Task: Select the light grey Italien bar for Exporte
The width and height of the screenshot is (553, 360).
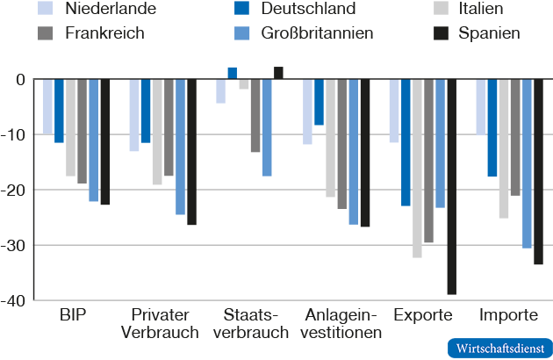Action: (417, 168)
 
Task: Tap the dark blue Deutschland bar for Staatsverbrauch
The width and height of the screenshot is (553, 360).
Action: (233, 74)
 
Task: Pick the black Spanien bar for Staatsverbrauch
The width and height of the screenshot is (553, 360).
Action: (278, 73)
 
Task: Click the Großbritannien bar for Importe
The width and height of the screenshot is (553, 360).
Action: (527, 163)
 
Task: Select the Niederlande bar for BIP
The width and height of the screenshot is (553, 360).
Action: (48, 106)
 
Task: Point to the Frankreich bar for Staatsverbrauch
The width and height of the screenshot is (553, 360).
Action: (255, 115)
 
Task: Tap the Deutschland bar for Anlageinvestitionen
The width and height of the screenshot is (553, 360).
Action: (319, 102)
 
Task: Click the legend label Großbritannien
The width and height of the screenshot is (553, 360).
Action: (317, 33)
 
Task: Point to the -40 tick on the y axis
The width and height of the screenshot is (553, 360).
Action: (15, 299)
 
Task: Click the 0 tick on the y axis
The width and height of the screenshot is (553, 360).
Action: (21, 79)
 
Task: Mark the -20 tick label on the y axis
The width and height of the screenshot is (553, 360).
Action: (15, 190)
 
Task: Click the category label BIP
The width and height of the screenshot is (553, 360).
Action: (73, 315)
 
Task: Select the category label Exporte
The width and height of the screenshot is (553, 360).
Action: (423, 315)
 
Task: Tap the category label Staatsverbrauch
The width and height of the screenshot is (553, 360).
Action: (250, 323)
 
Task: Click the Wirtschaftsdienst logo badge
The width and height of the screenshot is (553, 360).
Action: (499, 347)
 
